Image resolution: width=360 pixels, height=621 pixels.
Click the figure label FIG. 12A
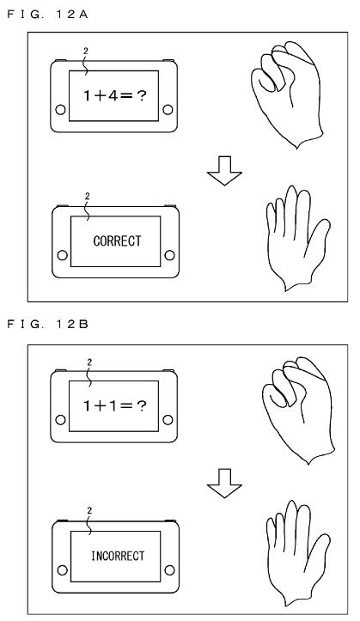(47, 15)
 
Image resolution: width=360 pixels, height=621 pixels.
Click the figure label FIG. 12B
(47, 325)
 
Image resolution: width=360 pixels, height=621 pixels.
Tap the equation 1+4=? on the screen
(115, 95)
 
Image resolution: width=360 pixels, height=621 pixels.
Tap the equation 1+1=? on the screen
(115, 405)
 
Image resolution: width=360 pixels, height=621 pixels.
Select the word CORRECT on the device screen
(117, 240)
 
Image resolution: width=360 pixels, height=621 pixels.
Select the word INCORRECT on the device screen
(118, 556)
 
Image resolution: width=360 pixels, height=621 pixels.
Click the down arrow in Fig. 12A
(224, 171)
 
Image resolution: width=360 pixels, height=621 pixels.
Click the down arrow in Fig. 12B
(224, 484)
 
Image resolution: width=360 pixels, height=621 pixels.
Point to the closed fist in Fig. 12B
(299, 410)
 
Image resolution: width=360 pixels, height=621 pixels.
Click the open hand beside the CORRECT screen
(297, 239)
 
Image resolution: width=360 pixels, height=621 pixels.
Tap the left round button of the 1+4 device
(61, 110)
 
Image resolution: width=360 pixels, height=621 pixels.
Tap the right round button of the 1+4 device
(168, 110)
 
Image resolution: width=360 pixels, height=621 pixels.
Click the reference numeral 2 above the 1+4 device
(84, 51)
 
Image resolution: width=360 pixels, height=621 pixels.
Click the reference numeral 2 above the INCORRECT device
(89, 511)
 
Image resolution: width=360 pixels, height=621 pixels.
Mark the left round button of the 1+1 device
(61, 420)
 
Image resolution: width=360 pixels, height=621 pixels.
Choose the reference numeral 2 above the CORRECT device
(88, 197)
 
